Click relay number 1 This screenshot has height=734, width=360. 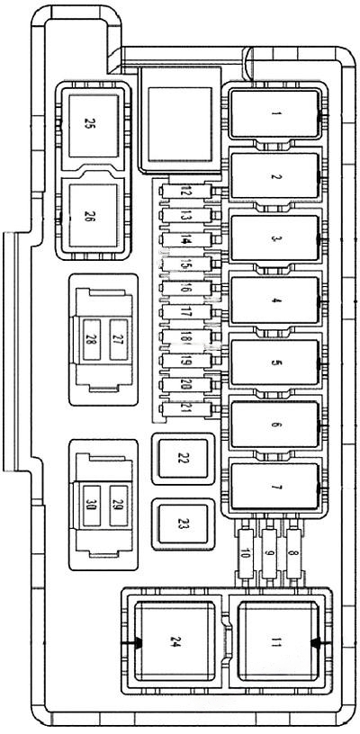click(275, 114)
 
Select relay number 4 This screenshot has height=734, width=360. click(275, 301)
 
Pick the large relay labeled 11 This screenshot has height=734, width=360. click(275, 641)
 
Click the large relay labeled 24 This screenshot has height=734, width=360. click(175, 641)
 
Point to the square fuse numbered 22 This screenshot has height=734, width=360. click(183, 459)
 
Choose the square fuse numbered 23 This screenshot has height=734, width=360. click(183, 522)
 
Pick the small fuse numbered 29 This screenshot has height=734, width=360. click(116, 504)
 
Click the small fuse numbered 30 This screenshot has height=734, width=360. click(91, 504)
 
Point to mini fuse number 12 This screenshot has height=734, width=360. click(186, 192)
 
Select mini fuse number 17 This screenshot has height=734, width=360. click(186, 312)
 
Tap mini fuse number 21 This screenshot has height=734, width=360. click(186, 409)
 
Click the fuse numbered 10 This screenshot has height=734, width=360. click(244, 567)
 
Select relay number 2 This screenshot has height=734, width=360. click(275, 177)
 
